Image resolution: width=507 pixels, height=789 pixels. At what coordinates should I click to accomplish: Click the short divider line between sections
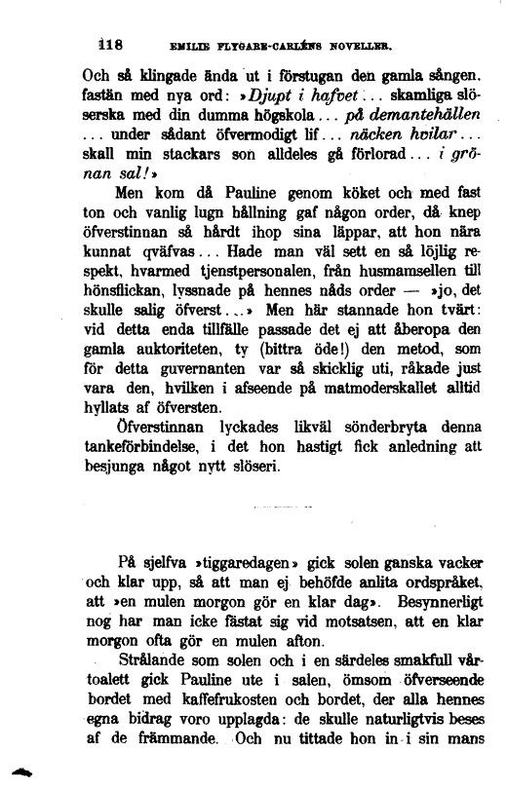(x=282, y=508)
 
